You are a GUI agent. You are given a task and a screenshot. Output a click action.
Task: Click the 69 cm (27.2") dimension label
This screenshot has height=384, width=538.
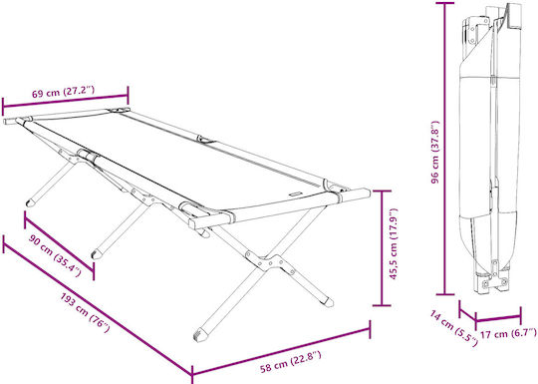[63, 92]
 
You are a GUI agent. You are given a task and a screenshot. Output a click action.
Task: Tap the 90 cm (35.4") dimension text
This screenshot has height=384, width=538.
[55, 254]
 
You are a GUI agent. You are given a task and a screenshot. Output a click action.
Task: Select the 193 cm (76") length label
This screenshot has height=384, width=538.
[86, 312]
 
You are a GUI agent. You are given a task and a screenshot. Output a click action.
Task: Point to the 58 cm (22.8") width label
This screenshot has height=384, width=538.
[291, 362]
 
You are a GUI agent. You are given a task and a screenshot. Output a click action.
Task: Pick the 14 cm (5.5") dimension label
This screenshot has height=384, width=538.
[453, 328]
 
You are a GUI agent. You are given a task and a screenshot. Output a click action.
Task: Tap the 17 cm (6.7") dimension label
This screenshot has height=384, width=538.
[508, 333]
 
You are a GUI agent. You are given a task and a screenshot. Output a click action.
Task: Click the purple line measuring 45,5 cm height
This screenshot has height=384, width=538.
[382, 247]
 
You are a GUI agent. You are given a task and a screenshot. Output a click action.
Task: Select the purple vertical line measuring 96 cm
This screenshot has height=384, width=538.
[445, 149]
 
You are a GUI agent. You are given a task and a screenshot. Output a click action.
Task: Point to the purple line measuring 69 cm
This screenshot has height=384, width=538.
[65, 101]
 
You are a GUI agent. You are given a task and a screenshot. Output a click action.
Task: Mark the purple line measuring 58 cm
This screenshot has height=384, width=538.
[281, 351]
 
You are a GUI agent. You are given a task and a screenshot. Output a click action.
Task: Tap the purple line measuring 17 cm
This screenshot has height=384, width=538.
[498, 318]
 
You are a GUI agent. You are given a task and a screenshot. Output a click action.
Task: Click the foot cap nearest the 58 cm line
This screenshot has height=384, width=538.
[200, 334]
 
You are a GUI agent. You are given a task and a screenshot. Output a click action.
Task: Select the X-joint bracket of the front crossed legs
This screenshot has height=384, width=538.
[270, 262]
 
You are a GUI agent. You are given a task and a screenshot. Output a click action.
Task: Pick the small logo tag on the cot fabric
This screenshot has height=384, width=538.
[296, 194]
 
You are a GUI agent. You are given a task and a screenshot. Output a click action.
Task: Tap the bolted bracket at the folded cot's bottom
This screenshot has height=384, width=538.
[494, 283]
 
